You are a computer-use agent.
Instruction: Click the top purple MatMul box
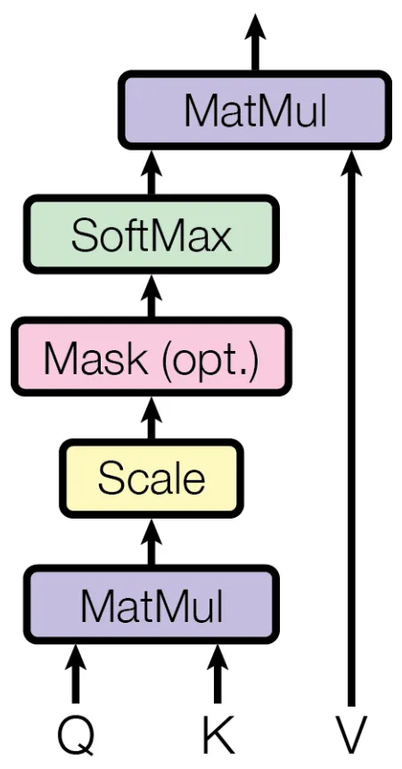point(255,110)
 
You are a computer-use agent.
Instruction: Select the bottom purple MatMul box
point(152,605)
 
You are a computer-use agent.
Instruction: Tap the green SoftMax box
point(152,235)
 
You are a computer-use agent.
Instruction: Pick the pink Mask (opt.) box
point(152,357)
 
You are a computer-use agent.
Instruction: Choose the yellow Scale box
point(152,479)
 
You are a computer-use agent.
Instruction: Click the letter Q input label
point(75,737)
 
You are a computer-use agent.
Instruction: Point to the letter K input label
point(217,736)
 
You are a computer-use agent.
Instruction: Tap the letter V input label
point(351,736)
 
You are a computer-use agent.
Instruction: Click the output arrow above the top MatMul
point(255,42)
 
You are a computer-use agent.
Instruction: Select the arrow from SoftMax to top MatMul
point(152,173)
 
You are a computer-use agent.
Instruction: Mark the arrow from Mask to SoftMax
point(152,296)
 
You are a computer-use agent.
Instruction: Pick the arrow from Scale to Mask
point(152,418)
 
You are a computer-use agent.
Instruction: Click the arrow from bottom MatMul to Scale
point(152,542)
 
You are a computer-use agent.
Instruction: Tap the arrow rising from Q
point(75,674)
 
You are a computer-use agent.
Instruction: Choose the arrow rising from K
point(217,674)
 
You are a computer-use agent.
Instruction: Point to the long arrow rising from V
point(351,428)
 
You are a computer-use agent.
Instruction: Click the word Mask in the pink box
point(95,357)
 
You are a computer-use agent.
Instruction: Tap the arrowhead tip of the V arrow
point(351,151)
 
